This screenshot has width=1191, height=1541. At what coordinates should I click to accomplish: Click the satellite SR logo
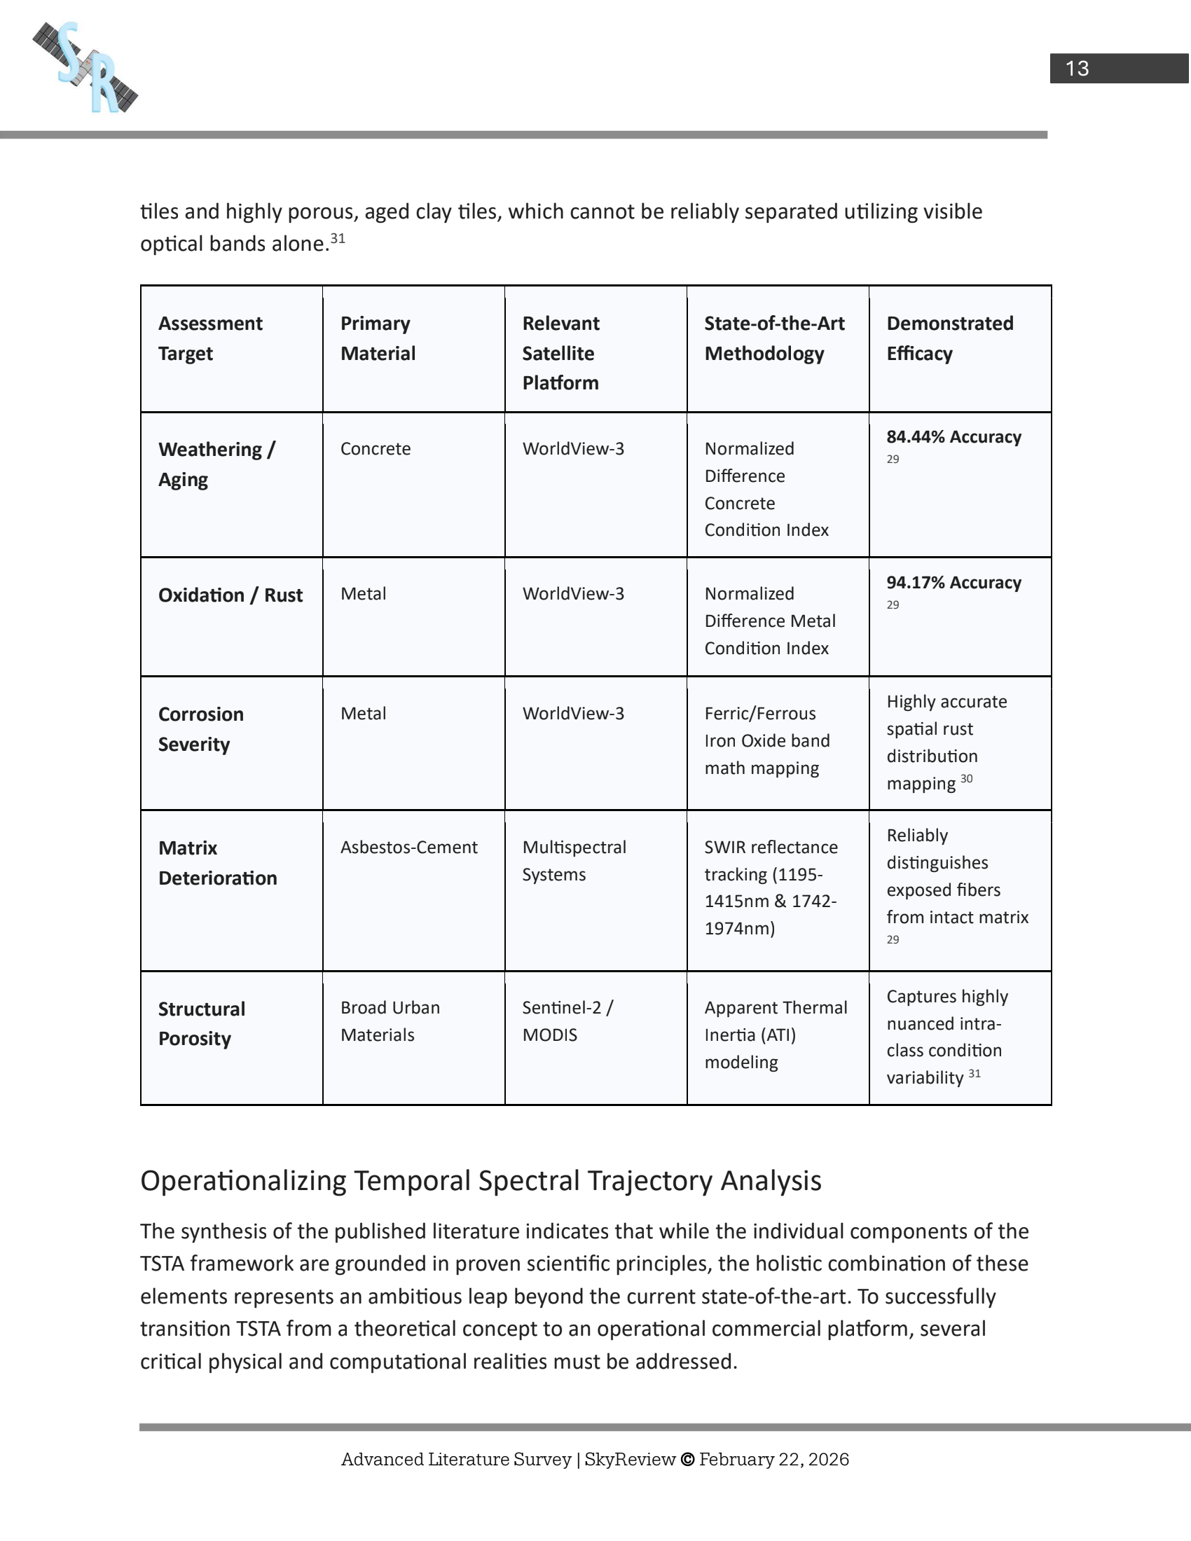click(85, 68)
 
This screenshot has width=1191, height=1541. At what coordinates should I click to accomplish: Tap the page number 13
click(1077, 69)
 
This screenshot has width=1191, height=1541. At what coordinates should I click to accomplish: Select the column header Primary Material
click(378, 338)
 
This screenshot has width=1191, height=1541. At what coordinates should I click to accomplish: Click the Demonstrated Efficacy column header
click(950, 338)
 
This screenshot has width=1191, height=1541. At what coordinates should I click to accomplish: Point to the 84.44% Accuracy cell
click(954, 437)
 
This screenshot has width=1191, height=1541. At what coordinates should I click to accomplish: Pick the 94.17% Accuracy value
click(954, 582)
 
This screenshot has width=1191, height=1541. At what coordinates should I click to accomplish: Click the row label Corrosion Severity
click(201, 729)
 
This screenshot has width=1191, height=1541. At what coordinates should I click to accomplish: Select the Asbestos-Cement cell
click(409, 847)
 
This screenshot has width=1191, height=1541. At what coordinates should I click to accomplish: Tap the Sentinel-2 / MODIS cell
click(567, 1021)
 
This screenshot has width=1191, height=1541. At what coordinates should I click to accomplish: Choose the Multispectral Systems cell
click(574, 860)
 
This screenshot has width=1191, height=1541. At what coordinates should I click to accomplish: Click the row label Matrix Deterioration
click(217, 863)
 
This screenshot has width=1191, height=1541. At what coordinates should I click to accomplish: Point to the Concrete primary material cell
click(376, 449)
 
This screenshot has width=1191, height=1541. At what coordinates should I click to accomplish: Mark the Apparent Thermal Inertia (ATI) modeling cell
click(776, 1035)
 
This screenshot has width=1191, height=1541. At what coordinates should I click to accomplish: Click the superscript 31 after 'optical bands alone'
click(338, 238)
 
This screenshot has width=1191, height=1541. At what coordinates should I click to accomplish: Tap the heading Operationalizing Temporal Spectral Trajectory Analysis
click(481, 1180)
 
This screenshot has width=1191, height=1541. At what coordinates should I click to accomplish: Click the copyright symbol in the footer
click(687, 1459)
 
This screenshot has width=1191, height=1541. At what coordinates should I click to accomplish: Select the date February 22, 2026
click(774, 1459)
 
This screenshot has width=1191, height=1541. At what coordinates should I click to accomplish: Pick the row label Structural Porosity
click(202, 1024)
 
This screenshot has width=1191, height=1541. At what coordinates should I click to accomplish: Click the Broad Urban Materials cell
click(390, 1021)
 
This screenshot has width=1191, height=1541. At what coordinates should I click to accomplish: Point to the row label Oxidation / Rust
click(230, 595)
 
